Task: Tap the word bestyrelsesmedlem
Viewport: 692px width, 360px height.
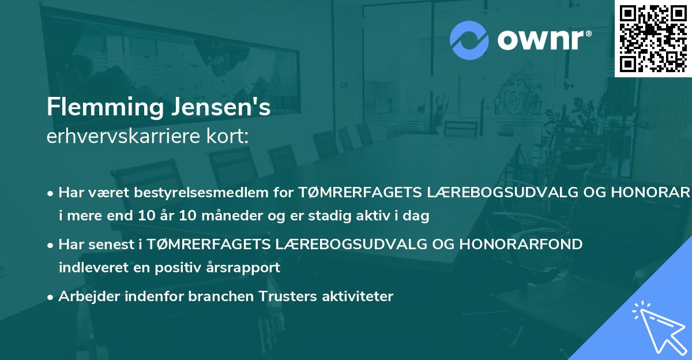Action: point(220,192)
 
